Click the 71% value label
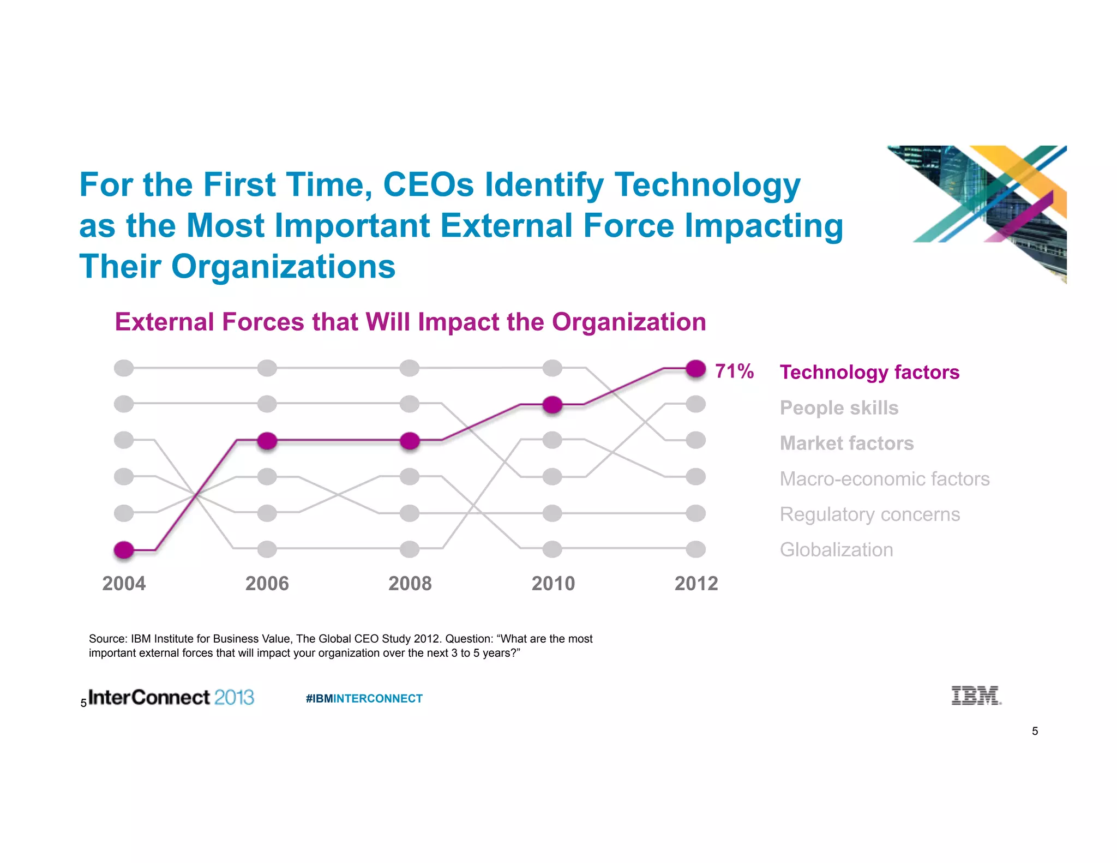734,371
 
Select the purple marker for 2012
695,369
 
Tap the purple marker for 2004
124,550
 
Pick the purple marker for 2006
267,440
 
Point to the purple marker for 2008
410,440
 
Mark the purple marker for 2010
553,405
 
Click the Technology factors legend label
869,372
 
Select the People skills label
839,407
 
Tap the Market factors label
846,443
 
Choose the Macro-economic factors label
884,478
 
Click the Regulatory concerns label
869,514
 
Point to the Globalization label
836,549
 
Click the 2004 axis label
124,584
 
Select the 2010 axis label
553,584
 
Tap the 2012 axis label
696,584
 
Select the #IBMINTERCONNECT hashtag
364,698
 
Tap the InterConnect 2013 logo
171,697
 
